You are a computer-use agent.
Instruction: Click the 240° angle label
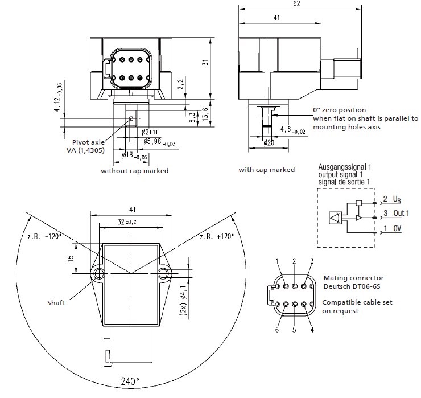(129, 381)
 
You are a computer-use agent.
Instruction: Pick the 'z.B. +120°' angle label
(217, 236)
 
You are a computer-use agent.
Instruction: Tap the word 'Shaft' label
(56, 302)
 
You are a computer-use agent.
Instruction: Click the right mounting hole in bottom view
(164, 274)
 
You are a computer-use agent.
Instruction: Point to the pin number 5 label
(294, 329)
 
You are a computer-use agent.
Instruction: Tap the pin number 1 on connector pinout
(277, 261)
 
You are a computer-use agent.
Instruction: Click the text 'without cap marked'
(134, 170)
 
